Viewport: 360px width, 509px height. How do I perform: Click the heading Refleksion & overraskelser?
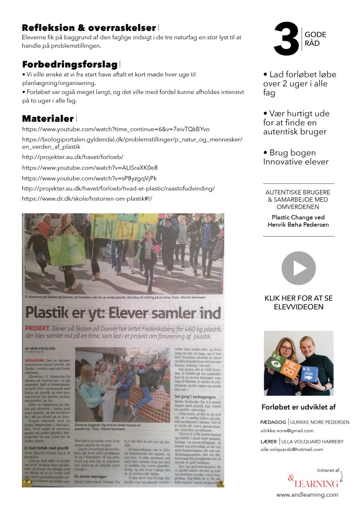click(x=90, y=28)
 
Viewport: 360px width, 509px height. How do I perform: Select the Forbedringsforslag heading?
click(x=70, y=65)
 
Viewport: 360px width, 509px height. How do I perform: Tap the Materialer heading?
click(x=48, y=118)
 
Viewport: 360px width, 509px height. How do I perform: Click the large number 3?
click(x=286, y=39)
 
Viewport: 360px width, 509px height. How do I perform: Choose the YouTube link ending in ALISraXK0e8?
click(x=90, y=168)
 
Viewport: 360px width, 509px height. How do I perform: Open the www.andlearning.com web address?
click(x=307, y=495)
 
